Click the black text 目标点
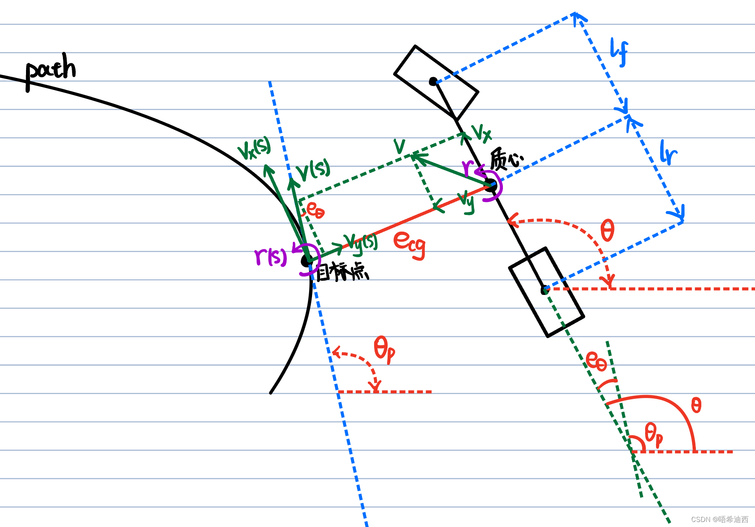point(342,272)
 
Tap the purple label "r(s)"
point(271,256)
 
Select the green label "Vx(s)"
point(254,148)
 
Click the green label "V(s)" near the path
point(313,170)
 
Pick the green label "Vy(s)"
point(361,243)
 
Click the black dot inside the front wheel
point(433,82)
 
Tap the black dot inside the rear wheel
point(544,290)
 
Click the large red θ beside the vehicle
point(607,230)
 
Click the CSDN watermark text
point(719,519)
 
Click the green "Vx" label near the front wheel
point(481,133)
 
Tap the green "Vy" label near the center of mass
point(466,201)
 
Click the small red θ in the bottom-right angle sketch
point(696,405)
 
